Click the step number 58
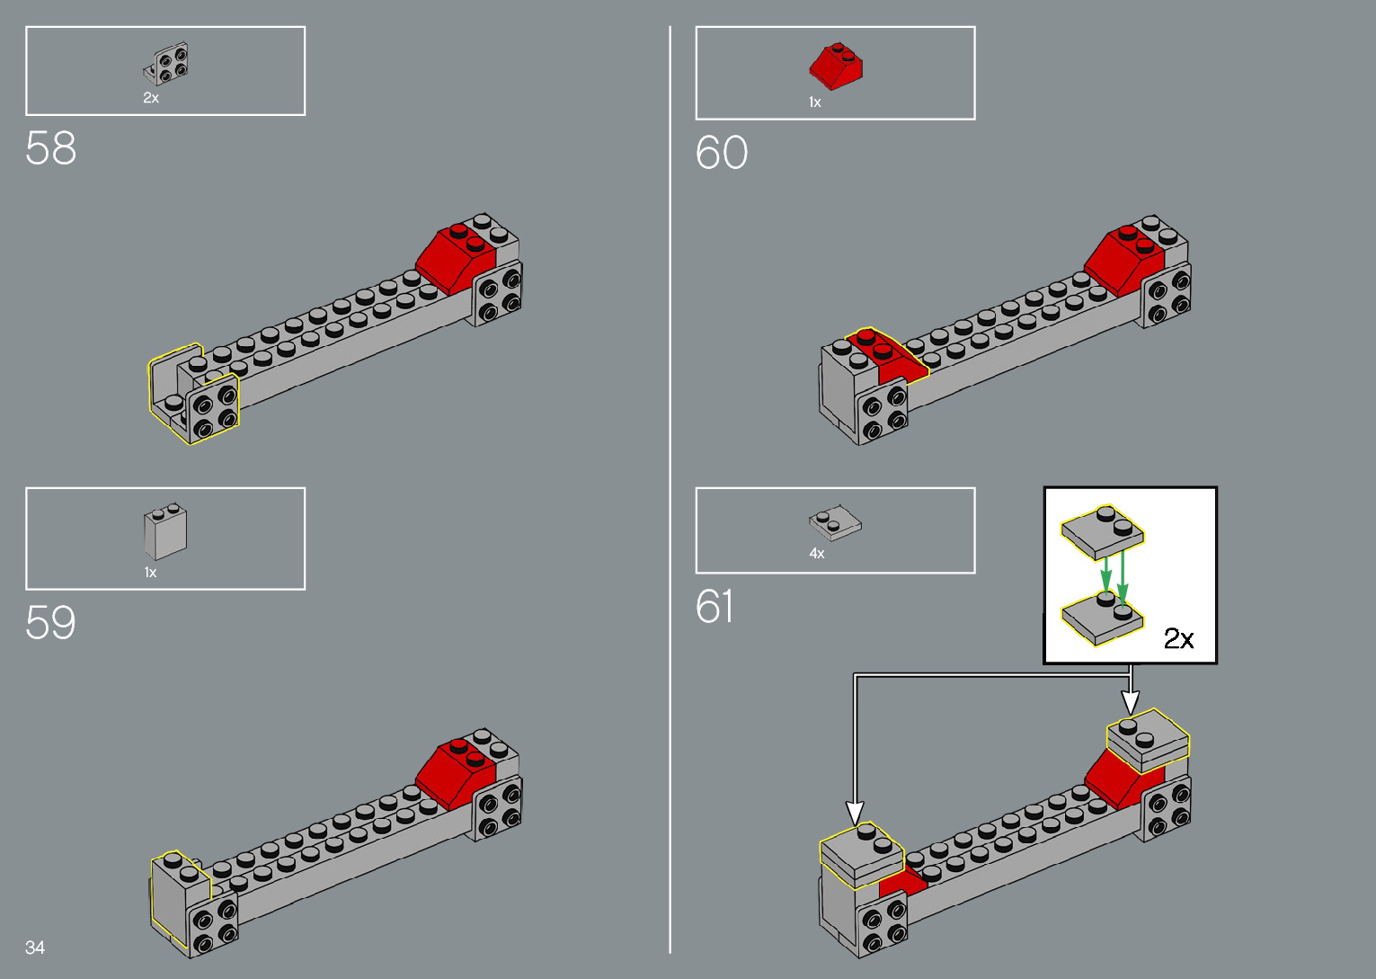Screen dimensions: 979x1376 pos(51,148)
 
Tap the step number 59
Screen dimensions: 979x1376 pos(51,622)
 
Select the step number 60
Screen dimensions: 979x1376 pos(721,153)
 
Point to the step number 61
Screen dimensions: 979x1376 pos(715,607)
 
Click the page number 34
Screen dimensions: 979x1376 pos(35,947)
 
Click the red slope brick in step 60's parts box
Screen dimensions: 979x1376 pos(835,66)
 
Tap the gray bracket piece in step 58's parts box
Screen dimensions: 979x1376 pos(168,65)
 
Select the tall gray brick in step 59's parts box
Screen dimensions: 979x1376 pos(165,532)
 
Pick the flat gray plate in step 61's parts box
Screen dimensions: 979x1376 pos(835,522)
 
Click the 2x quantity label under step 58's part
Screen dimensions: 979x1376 pos(151,98)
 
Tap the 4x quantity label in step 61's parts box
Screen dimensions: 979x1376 pos(816,554)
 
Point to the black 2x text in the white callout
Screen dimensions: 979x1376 pos(1178,638)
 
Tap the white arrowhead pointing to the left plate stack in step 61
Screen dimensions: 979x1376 pos(855,813)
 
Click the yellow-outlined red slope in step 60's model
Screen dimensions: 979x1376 pos(890,356)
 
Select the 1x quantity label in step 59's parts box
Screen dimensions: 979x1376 pos(150,573)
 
